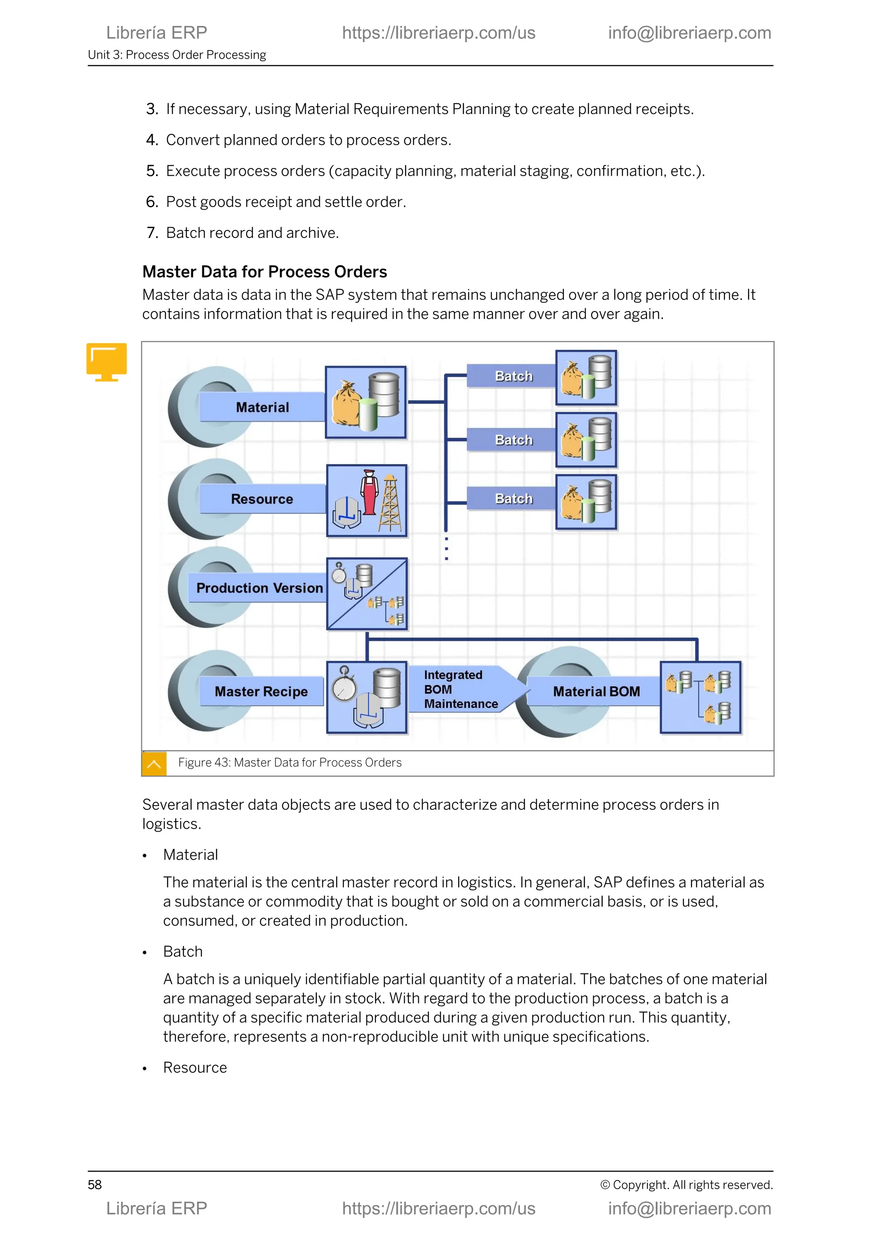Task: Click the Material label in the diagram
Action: tap(262, 407)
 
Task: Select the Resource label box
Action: tap(262, 499)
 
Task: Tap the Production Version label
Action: tap(259, 588)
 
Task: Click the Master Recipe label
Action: tap(261, 691)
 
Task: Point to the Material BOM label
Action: tap(596, 691)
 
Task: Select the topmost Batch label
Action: tap(513, 376)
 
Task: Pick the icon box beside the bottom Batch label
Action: tap(586, 502)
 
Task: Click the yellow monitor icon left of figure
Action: tap(106, 361)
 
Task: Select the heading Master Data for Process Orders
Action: tap(265, 271)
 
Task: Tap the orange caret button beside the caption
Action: tap(154, 764)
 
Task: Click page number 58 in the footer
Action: tap(95, 1185)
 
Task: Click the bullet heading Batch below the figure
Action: tap(183, 951)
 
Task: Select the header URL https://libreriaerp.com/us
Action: tap(439, 33)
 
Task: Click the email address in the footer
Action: tap(689, 1208)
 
